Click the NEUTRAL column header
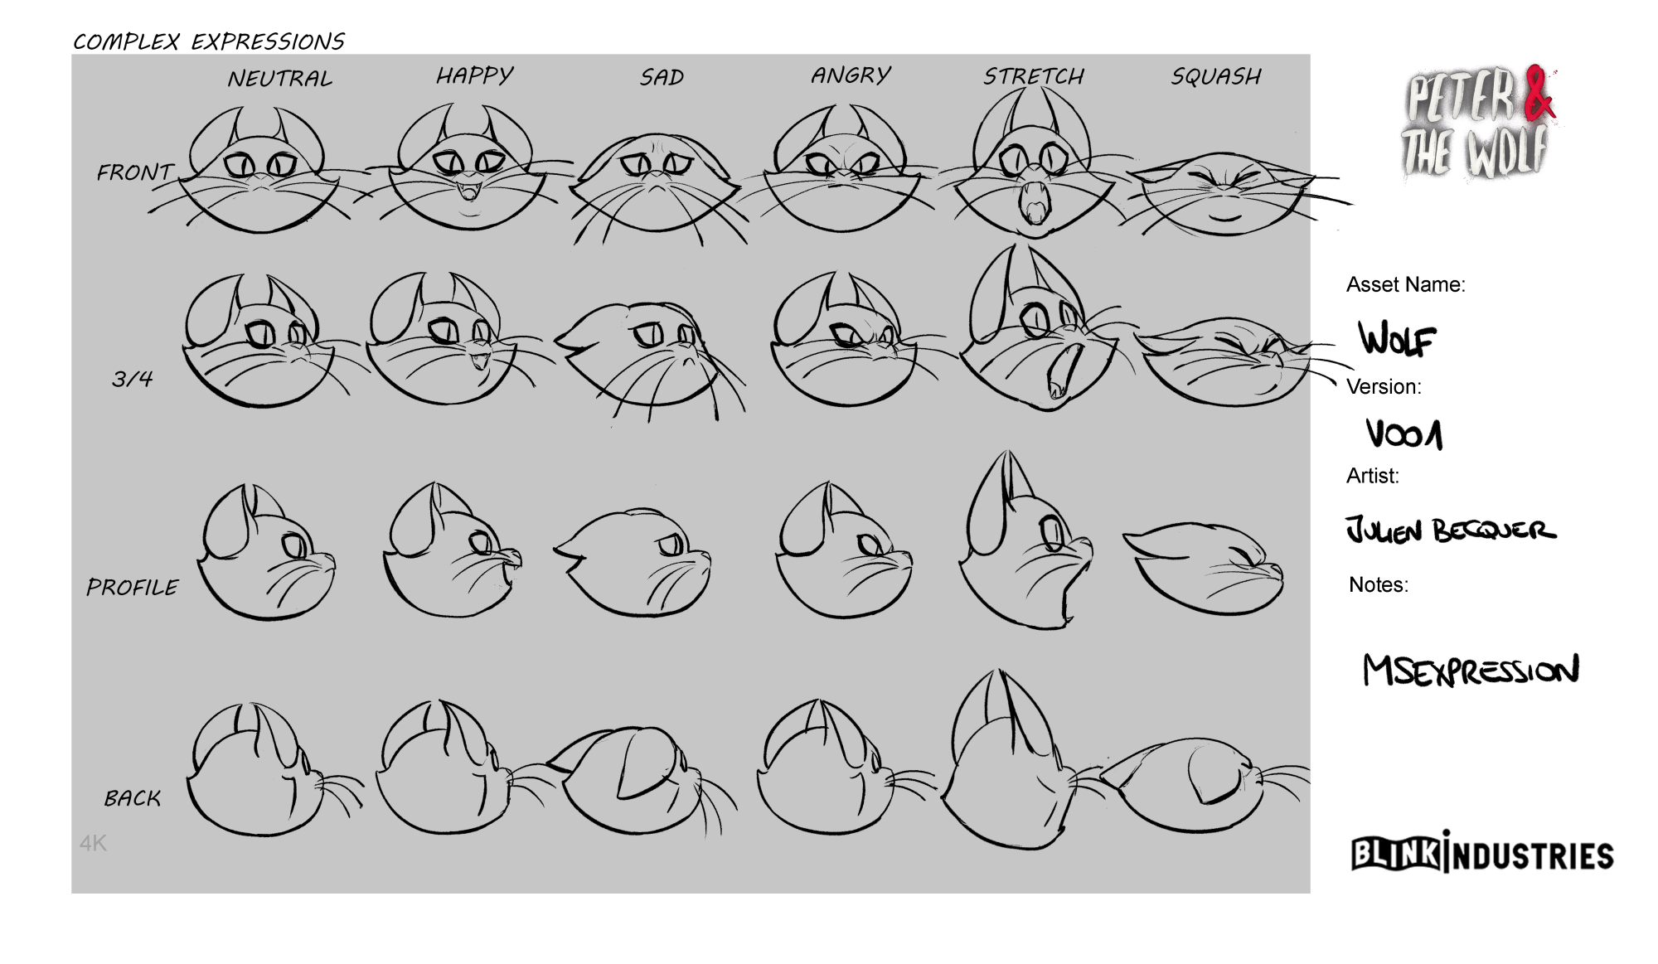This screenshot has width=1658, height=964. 280,79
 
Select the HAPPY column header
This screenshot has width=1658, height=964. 475,75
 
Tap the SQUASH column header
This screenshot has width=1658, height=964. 1216,76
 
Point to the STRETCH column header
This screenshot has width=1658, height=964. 1034,76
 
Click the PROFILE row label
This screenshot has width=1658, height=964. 132,587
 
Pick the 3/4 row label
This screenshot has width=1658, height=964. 133,379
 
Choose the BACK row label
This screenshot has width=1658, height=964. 133,797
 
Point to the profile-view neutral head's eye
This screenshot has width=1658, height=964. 294,547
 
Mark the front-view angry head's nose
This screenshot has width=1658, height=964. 843,176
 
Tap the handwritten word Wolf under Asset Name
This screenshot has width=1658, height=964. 1398,339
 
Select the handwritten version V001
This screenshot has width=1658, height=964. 1404,434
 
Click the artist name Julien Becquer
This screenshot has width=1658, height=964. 1451,529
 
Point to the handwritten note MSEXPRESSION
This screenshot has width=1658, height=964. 1471,670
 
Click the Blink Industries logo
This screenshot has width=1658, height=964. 1483,853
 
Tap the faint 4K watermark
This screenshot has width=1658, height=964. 93,844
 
